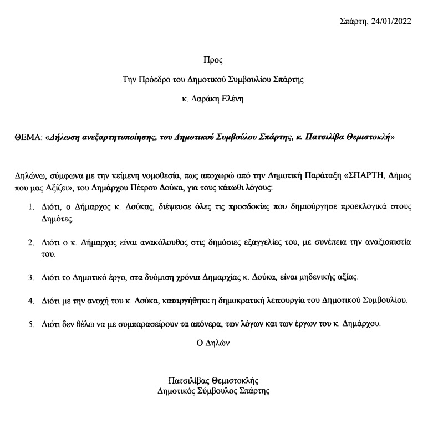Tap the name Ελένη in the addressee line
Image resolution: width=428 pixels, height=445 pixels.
pos(232,100)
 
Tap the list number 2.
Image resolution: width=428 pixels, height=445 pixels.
pos(31,243)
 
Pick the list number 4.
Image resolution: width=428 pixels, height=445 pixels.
pos(31,301)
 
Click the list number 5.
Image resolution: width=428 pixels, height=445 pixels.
pos(31,324)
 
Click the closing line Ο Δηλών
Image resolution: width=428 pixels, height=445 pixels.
pos(213,343)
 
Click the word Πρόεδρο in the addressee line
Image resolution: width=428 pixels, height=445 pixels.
pos(151,79)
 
